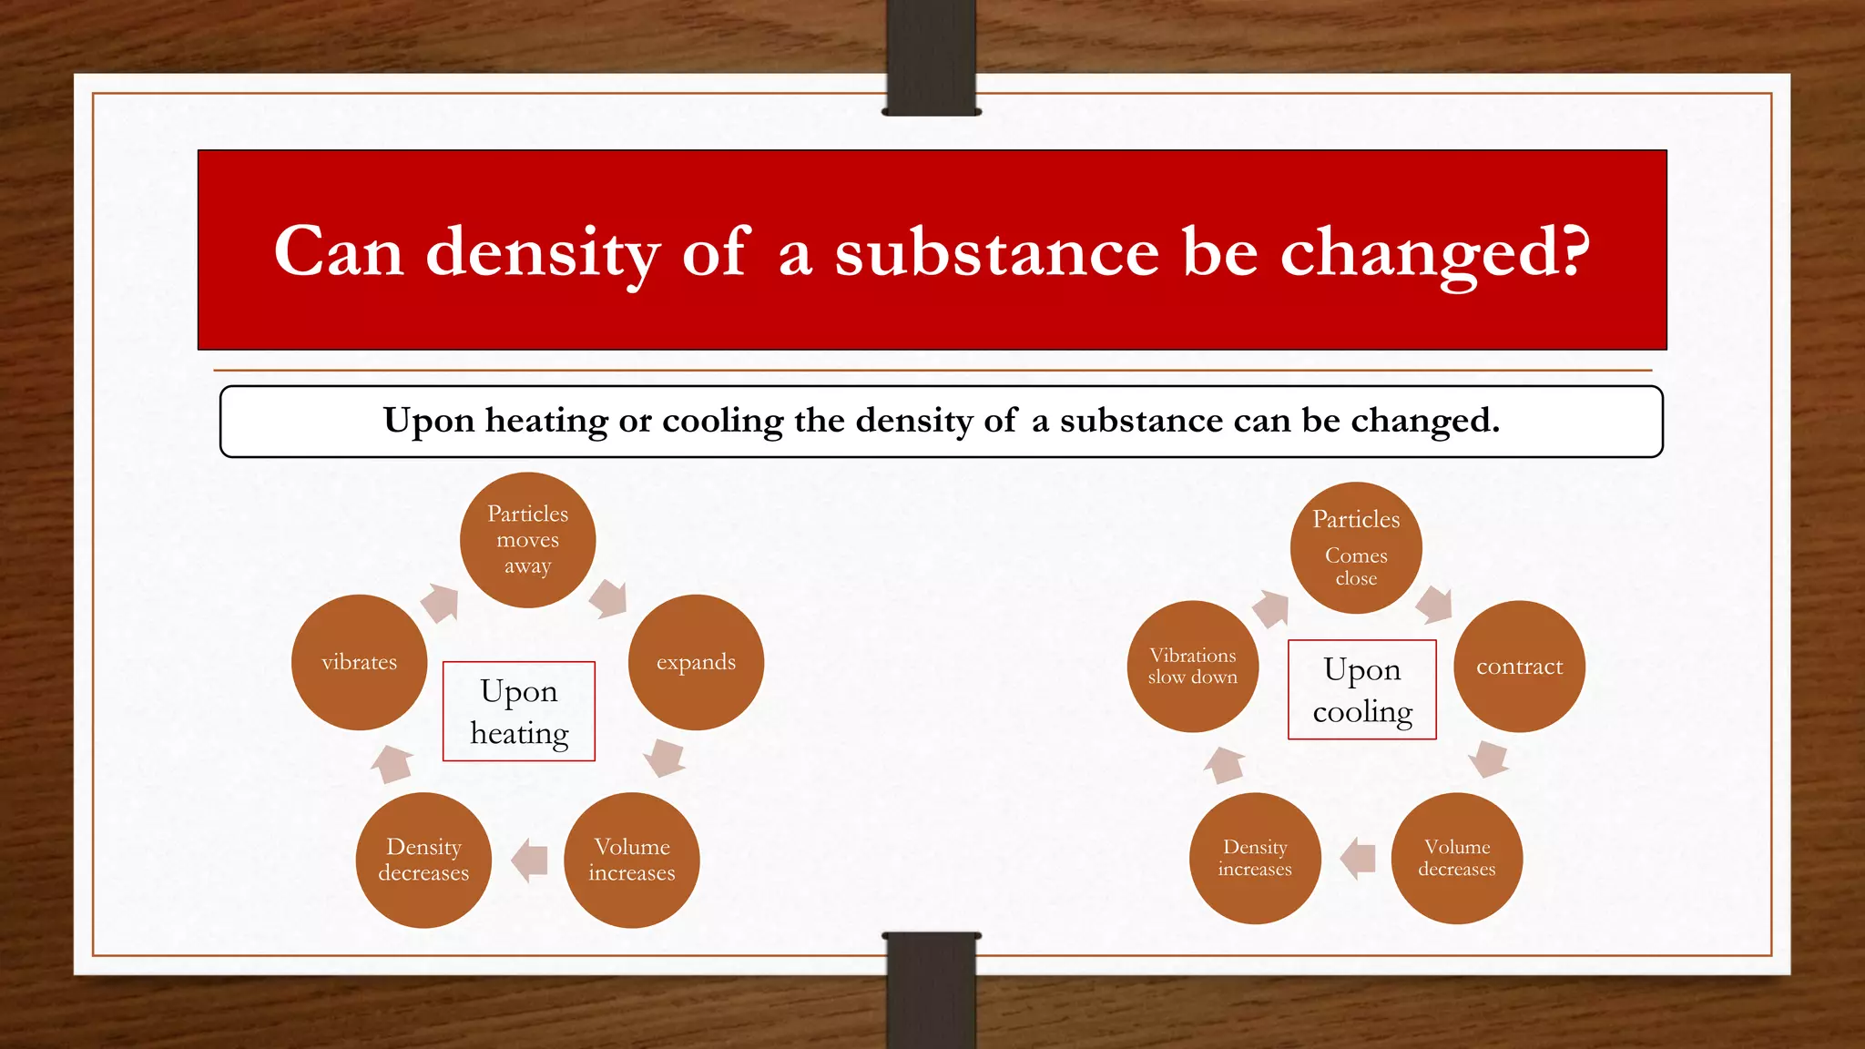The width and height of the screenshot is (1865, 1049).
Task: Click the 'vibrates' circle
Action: [x=359, y=662]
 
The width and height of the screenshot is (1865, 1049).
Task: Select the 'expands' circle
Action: [x=696, y=662]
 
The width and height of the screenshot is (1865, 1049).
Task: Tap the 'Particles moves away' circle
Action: [x=527, y=540]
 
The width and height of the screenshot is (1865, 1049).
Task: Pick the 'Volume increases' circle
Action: [x=632, y=860]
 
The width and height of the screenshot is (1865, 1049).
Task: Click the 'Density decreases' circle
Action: [x=423, y=860]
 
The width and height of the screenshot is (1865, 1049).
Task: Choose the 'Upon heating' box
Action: [x=519, y=711]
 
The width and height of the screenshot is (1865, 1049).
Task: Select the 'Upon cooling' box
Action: [x=1362, y=689]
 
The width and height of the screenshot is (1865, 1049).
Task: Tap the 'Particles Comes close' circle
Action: [x=1356, y=547]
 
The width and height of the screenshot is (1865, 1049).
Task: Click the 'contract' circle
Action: [x=1519, y=667]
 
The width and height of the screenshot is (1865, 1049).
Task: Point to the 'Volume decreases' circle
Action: [x=1456, y=858]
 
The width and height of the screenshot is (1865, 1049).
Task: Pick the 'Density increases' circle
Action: [x=1255, y=858]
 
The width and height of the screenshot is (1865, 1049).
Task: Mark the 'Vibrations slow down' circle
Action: [x=1193, y=667]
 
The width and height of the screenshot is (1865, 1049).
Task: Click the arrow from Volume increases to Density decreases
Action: [x=530, y=860]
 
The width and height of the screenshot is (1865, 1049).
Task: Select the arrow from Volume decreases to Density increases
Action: [x=1358, y=858]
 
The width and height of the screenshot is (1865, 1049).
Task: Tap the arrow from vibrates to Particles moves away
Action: [x=441, y=603]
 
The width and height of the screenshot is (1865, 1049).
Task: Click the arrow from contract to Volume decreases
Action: [x=1490, y=758]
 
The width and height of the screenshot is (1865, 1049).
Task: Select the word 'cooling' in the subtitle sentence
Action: [x=722, y=421]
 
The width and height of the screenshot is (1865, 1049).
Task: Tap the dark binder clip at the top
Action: [x=932, y=56]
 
